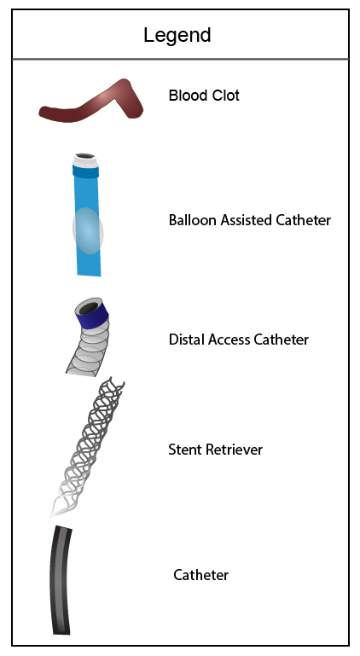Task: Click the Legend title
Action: [177, 35]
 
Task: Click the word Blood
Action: [183, 96]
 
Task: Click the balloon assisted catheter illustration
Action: [88, 215]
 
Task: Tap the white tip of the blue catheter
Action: [85, 160]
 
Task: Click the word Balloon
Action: [193, 220]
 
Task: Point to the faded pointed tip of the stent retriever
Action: [52, 514]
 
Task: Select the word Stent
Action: [183, 450]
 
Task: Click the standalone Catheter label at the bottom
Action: [201, 575]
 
